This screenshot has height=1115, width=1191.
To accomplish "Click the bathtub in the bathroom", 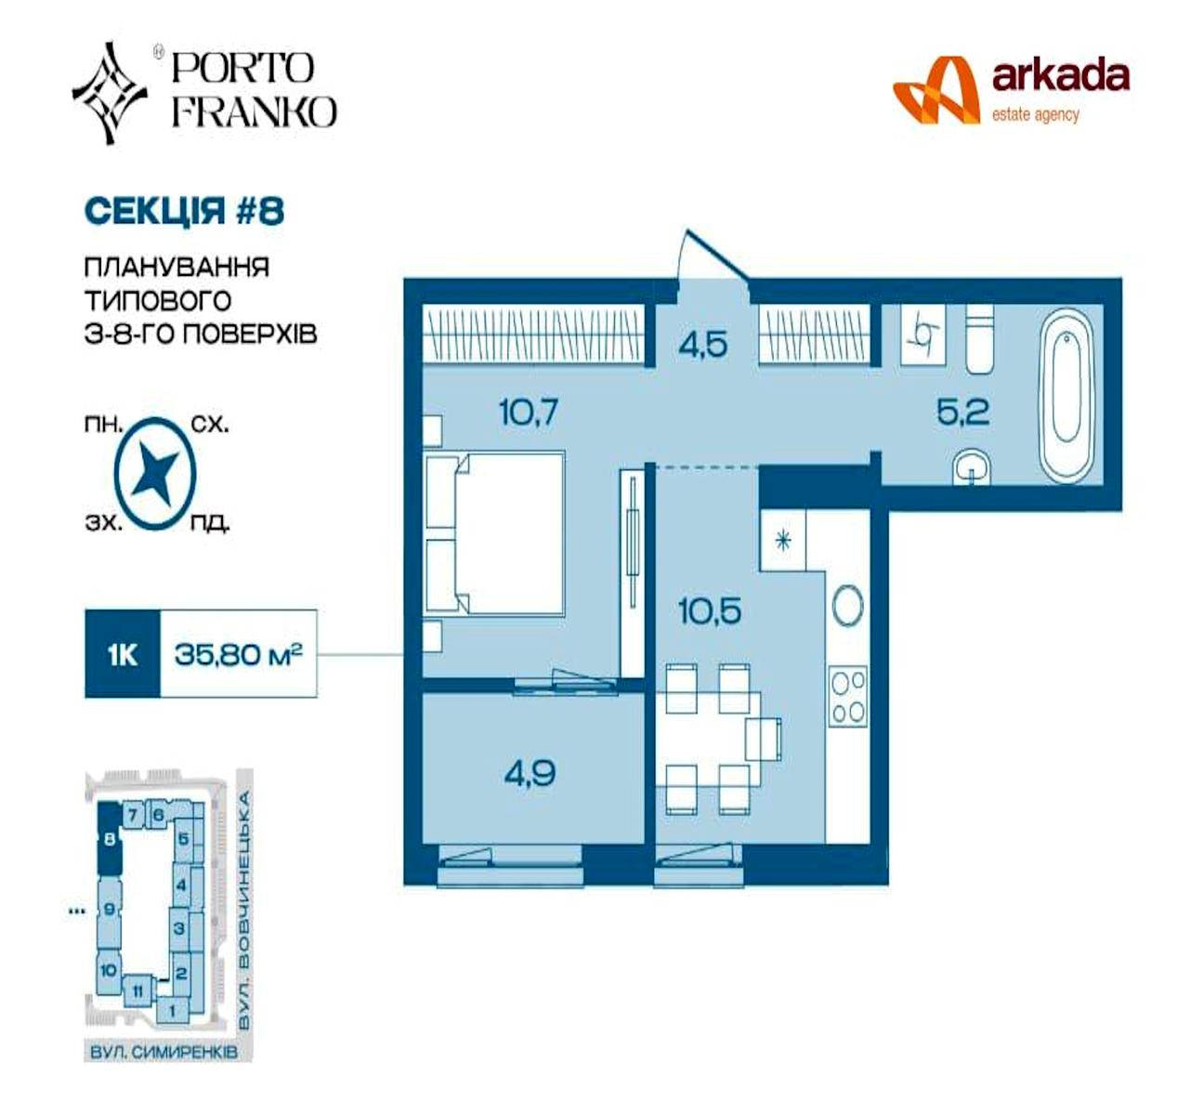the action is point(1068,395).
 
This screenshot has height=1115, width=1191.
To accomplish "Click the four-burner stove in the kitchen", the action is point(848,697).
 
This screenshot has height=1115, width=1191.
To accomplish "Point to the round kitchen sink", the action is point(848,606).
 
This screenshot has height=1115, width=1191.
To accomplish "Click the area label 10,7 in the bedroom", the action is point(529,413).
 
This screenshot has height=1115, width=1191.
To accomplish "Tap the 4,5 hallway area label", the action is point(703,345).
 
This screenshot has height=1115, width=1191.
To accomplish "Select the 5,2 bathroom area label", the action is point(963,413).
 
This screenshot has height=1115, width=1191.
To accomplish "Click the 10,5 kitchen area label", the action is point(710,611).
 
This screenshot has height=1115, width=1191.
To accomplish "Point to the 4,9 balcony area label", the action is point(530,773).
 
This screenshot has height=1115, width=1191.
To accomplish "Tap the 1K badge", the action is point(123,654).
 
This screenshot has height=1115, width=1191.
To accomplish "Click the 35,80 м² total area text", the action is point(238,654).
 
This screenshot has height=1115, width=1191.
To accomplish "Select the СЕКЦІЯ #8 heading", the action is point(184,211).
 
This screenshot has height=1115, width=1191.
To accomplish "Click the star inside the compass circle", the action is point(155,474).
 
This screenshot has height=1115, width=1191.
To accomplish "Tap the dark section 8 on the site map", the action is point(109,838).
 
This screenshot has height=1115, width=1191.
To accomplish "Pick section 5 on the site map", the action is point(184,838).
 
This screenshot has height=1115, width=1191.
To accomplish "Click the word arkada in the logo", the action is point(1060,77).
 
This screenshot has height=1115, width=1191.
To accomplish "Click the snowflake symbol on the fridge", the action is point(783,542).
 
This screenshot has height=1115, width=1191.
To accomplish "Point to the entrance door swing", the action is point(713,256).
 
